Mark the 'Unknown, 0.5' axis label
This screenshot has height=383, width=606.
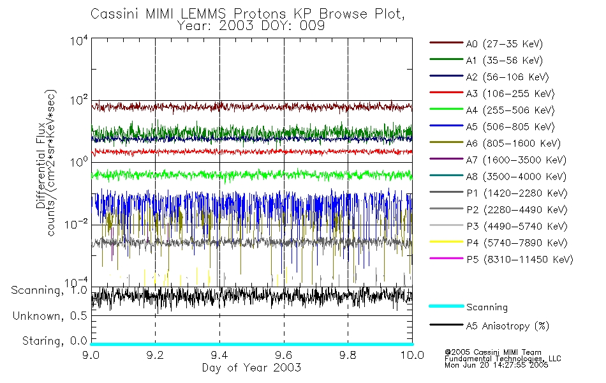click(49, 316)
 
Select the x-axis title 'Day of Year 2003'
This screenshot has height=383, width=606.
click(251, 368)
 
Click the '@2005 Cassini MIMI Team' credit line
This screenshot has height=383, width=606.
click(492, 352)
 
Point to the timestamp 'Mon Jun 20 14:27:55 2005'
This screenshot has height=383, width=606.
click(496, 366)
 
